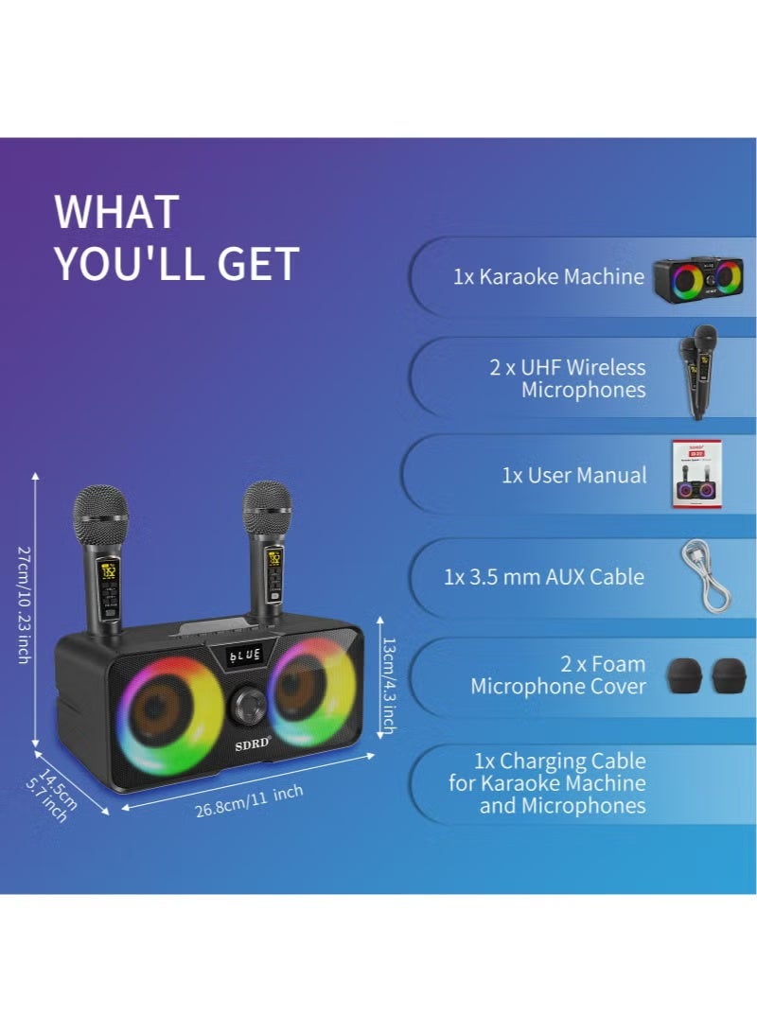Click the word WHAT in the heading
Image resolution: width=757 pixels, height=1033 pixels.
point(116,212)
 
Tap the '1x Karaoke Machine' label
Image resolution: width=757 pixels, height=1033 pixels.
point(548,277)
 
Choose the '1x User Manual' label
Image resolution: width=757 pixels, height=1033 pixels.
point(574,476)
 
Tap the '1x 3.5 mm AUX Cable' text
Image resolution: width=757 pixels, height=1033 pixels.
point(544,577)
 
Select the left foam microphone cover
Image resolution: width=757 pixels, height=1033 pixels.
point(685,675)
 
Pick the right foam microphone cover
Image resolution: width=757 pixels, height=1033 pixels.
point(731,675)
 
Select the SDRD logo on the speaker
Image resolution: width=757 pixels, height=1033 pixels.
point(253,744)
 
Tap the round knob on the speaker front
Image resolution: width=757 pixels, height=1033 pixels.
point(252,705)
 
